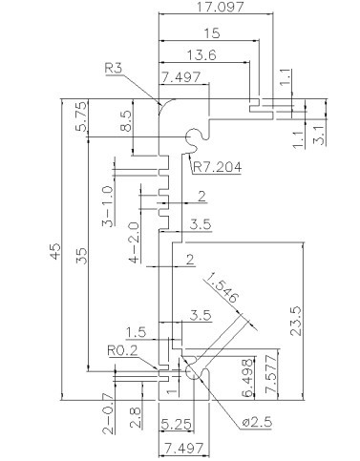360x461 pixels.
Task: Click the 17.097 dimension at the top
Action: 220,7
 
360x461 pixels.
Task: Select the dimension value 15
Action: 211,33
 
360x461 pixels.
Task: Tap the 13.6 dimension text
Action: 201,55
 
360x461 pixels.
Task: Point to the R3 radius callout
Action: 114,69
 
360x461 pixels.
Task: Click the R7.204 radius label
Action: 218,167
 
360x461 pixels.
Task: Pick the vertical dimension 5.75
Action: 80,116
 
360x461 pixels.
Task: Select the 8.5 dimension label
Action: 126,121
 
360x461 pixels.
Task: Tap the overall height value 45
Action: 55,251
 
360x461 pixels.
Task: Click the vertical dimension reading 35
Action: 81,256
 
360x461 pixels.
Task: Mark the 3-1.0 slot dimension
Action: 108,206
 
